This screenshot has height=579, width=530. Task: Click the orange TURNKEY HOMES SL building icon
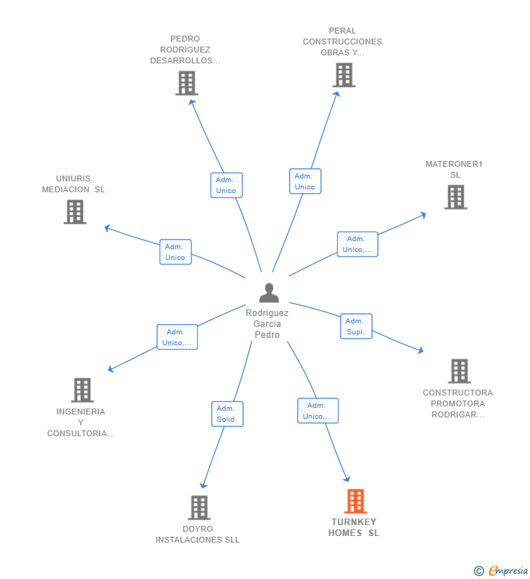coord(355,501)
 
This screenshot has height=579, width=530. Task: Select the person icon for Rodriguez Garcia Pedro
coord(269,293)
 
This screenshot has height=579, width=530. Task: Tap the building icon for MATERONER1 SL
coord(456,197)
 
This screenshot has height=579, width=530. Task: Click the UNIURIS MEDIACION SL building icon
coord(75,212)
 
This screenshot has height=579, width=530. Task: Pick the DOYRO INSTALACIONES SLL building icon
coord(199,508)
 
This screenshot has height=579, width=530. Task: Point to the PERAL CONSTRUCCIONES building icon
coord(344,75)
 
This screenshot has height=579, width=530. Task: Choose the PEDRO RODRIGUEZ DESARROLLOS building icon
coord(187,83)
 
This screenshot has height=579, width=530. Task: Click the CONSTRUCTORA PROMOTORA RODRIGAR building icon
coord(459,371)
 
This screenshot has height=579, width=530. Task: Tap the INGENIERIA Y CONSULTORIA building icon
coord(82,390)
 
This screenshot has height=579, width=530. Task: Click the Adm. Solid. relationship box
coord(227,414)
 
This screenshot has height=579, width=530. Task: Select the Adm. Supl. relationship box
coord(356,326)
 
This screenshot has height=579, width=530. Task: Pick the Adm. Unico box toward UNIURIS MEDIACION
coord(175,252)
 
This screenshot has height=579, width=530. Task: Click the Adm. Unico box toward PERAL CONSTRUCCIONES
coord(305,181)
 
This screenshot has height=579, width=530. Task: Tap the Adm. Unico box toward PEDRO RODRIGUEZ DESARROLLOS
coord(226,186)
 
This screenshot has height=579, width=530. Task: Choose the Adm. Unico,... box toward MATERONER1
coord(357,244)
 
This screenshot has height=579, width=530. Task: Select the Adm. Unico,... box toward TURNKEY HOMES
coord(318,411)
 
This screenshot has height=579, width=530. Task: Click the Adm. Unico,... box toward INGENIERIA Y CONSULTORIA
coord(177,337)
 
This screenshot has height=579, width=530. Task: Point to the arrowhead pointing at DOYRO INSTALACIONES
coord(203,485)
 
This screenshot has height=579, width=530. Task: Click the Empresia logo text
coord(508,570)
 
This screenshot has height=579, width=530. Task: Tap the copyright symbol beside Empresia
coord(479,571)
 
